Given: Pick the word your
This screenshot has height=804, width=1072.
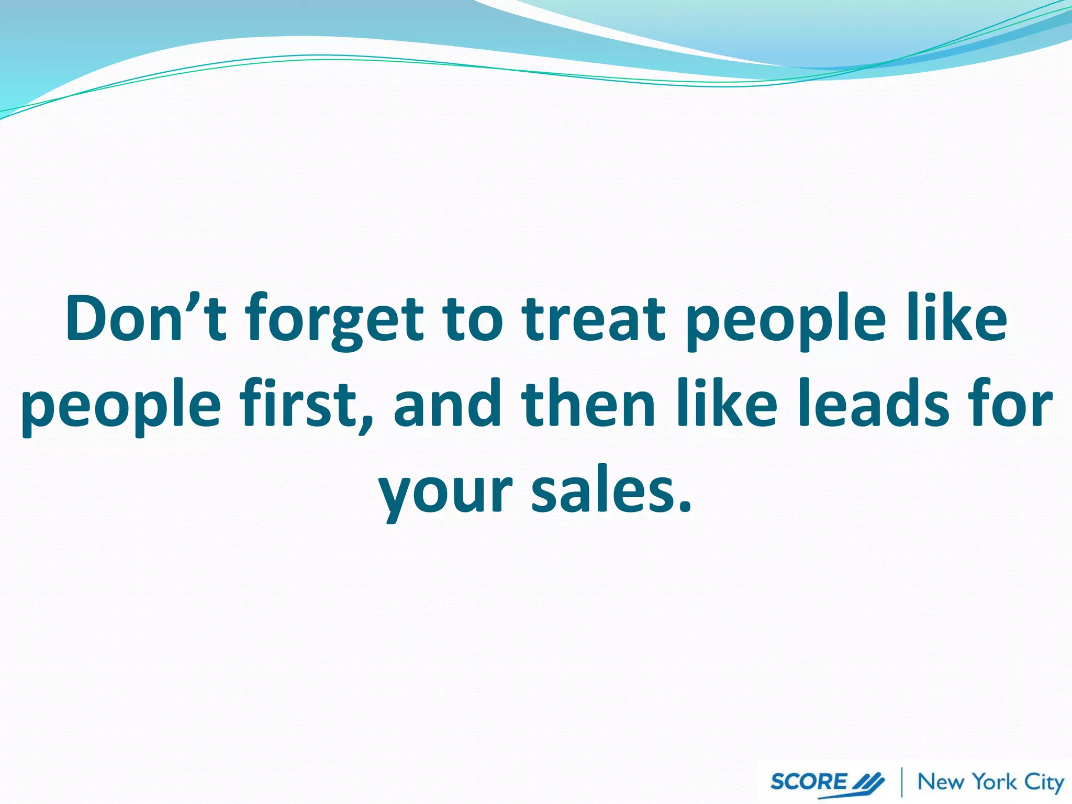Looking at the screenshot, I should click(445, 492).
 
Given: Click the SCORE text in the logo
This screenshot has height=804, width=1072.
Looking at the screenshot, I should click(808, 781).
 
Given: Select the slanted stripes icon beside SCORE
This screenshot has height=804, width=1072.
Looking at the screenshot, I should click(868, 782).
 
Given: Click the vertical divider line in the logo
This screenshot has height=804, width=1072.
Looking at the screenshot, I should click(901, 782).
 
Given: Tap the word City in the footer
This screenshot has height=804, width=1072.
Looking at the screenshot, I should click(1044, 783).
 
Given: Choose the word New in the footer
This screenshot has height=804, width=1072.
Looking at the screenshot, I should click(941, 782).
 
